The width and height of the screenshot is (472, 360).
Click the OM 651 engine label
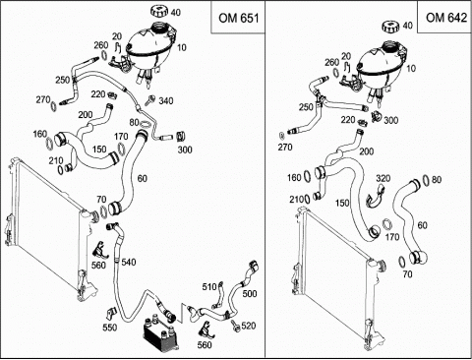point(239,18)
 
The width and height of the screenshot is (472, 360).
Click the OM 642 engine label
point(446,18)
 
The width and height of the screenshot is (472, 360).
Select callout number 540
point(129,263)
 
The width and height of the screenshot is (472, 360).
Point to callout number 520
point(248,326)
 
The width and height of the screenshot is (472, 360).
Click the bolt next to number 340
point(151,99)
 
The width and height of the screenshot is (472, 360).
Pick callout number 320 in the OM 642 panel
point(383,178)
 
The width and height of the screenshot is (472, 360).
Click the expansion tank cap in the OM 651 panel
point(160,11)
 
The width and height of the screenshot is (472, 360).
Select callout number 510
point(209,287)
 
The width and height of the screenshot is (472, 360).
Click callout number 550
point(110,328)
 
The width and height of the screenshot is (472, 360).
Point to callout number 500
point(250,293)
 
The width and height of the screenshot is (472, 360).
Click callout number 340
point(166,100)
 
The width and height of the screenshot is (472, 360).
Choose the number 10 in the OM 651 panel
point(181,47)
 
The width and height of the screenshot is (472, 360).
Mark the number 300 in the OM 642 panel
point(390,120)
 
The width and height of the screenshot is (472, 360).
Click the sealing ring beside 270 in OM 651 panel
point(53,106)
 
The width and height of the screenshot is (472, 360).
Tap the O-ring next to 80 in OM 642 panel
point(426,180)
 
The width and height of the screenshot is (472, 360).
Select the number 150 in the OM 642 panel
point(342,203)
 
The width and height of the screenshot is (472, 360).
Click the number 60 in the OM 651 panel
point(143,179)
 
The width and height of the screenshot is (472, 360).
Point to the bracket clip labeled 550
point(111,313)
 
